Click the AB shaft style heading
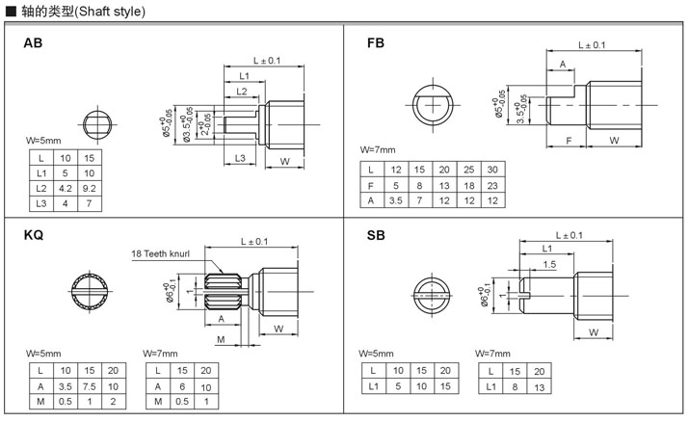pos(33,43)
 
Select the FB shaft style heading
pos(376,43)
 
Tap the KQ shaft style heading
pos(34,235)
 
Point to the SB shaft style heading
pos(376,235)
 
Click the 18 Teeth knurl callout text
pos(160,253)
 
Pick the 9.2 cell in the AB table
pos(90,189)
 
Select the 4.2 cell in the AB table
pos(66,189)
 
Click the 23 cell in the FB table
pos(492,185)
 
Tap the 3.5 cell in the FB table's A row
pos(395,200)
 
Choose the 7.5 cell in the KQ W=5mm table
pos(90,386)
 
